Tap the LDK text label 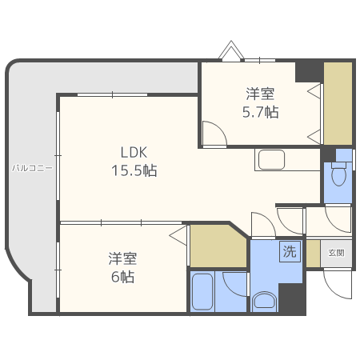click(x=134, y=152)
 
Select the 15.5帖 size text click(x=134, y=170)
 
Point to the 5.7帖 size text click(x=261, y=112)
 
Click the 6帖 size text click(x=122, y=278)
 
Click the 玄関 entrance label click(x=337, y=253)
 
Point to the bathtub click(x=203, y=292)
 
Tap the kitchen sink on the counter click(x=275, y=160)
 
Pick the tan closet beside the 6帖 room click(x=216, y=247)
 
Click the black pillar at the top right click(x=308, y=70)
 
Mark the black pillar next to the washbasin click(x=292, y=299)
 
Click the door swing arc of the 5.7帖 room click(x=213, y=133)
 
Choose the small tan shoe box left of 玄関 click(x=313, y=253)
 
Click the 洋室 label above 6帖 click(x=122, y=258)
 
